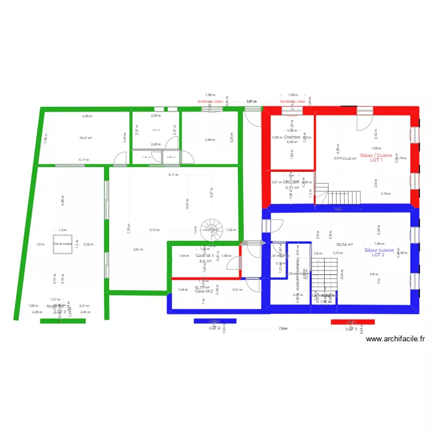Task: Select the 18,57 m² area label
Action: pos(86,138)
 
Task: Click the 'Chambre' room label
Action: pos(292,137)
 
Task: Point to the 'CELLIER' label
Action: pos(291,182)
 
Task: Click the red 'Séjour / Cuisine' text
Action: pos(376,155)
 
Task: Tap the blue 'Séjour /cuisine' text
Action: pos(379,250)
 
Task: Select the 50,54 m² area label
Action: pos(344,244)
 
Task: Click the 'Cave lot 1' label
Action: pos(205,255)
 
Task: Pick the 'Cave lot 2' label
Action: pos(204,291)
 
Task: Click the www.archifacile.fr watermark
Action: pos(395,339)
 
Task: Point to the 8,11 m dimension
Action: pos(173,175)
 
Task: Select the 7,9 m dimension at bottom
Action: pos(282,329)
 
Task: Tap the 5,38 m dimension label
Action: pos(87,116)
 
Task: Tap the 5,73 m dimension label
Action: pos(155,230)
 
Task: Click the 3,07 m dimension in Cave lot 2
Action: pos(237,290)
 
